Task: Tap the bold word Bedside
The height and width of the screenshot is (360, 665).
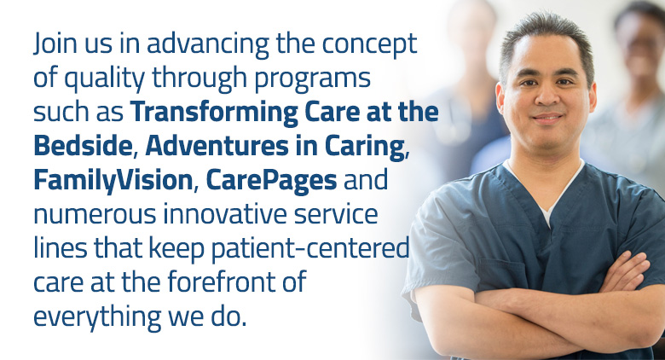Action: click(83, 146)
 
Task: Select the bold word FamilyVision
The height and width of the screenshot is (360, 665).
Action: click(113, 181)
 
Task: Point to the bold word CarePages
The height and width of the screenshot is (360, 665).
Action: click(271, 181)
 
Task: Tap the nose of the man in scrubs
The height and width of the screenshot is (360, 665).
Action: click(546, 96)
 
